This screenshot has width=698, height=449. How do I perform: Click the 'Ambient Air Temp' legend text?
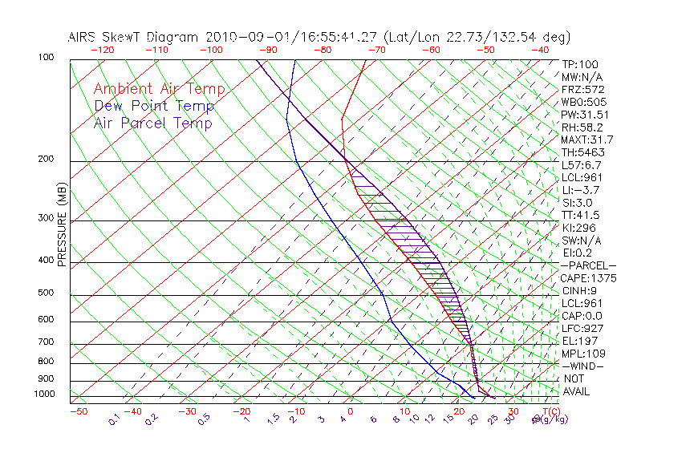click(159, 89)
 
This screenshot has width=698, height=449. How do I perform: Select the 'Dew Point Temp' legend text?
click(153, 106)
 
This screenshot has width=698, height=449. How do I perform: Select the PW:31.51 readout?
click(586, 115)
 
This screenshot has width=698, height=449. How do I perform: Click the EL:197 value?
click(579, 341)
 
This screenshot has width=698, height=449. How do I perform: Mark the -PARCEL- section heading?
click(588, 265)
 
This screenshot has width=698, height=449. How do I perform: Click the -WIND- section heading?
click(582, 366)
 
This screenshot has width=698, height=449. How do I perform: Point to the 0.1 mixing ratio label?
click(114, 419)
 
